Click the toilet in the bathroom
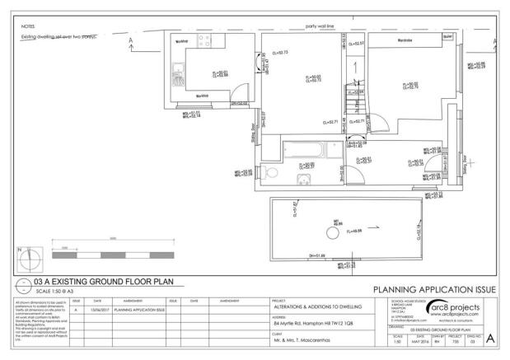(x=272, y=174)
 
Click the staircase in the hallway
(x=354, y=91)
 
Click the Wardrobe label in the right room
(x=405, y=39)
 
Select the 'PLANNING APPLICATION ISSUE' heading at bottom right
(x=435, y=290)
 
